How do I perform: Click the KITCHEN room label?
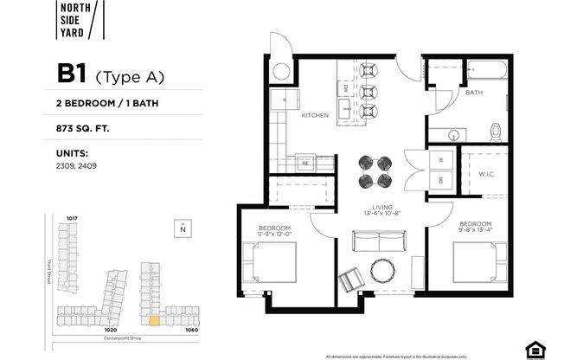tap(314, 115)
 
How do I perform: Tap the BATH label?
tap(473, 92)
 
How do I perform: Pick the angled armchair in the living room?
tap(351, 280)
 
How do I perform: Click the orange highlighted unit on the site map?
tap(155, 318)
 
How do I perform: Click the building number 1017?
tap(73, 217)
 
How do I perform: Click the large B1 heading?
tap(73, 74)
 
